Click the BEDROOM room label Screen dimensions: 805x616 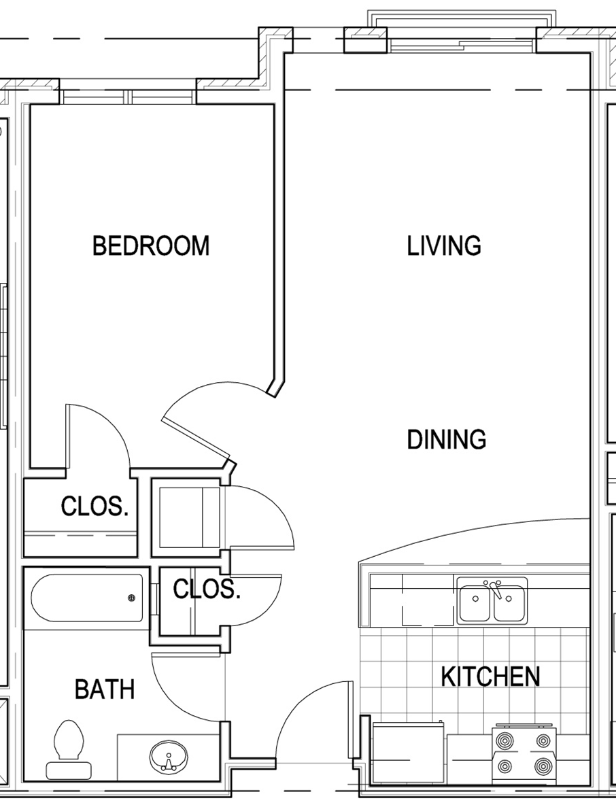(x=151, y=245)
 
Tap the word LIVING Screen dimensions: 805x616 (x=444, y=245)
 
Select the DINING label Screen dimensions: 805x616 (x=446, y=440)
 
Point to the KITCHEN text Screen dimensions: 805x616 (x=490, y=676)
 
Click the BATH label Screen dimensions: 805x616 (x=104, y=689)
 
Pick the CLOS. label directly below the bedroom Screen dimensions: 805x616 (x=94, y=507)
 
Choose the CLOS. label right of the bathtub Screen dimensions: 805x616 (x=206, y=589)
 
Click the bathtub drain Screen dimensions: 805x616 (x=131, y=598)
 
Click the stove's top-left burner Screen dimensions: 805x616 (x=505, y=740)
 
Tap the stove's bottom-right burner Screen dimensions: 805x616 (x=542, y=767)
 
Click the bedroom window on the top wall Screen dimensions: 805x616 (x=130, y=97)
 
